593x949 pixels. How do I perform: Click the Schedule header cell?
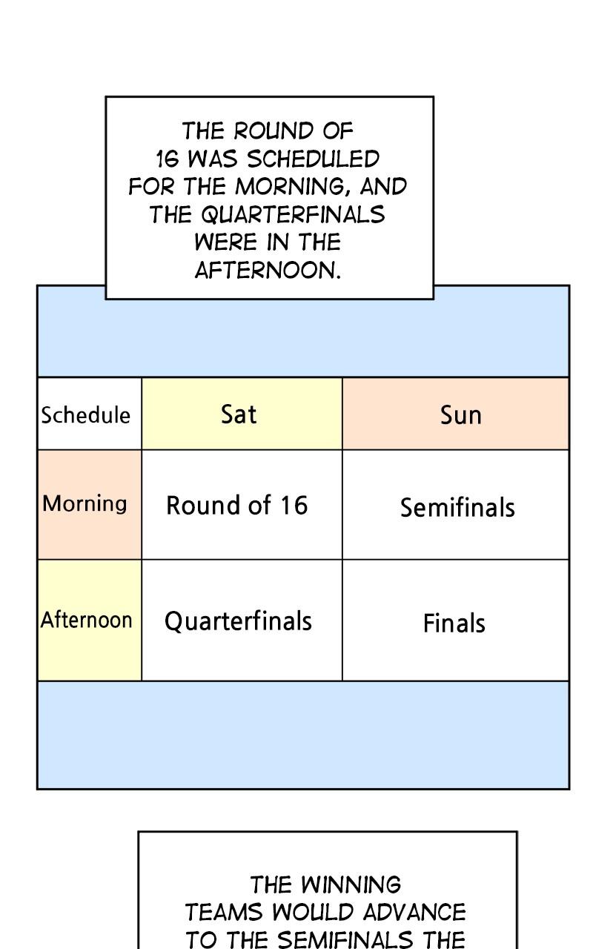coord(90,414)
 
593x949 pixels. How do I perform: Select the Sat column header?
coord(242,414)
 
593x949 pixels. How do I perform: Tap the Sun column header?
coord(455,414)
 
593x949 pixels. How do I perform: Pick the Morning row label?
coord(90,504)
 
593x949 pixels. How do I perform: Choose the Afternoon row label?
coord(90,621)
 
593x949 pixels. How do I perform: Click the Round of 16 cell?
coord(242,504)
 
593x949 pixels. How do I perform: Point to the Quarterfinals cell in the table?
coord(242,621)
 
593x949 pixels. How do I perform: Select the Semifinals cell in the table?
coord(455,504)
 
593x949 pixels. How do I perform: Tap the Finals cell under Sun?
coord(455,621)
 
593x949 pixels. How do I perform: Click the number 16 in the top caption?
coord(168,159)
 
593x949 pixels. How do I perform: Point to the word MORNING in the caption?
coord(290,186)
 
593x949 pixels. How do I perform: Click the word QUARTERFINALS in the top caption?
coord(293,214)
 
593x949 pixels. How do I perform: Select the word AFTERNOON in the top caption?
coord(268,270)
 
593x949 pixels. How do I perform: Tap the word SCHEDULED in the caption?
coord(313,159)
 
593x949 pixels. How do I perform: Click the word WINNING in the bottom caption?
coord(351,885)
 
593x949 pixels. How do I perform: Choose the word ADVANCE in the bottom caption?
coord(414,912)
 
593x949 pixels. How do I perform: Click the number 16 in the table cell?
coord(294,505)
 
